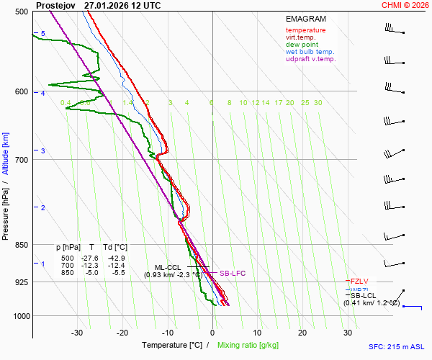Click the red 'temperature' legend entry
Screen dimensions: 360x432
[305, 30]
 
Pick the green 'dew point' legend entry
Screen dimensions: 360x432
[302, 45]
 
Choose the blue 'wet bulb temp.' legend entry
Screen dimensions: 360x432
[310, 52]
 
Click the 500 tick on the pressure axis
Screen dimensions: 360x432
[21, 12]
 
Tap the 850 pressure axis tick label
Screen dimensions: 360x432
[21, 245]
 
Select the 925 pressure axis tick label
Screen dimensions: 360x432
[21, 282]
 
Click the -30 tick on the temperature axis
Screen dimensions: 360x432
[77, 333]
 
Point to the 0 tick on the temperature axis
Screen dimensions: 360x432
[212, 333]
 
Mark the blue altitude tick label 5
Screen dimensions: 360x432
[42, 34]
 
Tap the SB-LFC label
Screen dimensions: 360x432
[233, 274]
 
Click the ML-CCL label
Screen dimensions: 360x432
[169, 267]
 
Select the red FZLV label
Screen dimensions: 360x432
[359, 281]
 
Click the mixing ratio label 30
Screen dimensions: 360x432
[318, 103]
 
